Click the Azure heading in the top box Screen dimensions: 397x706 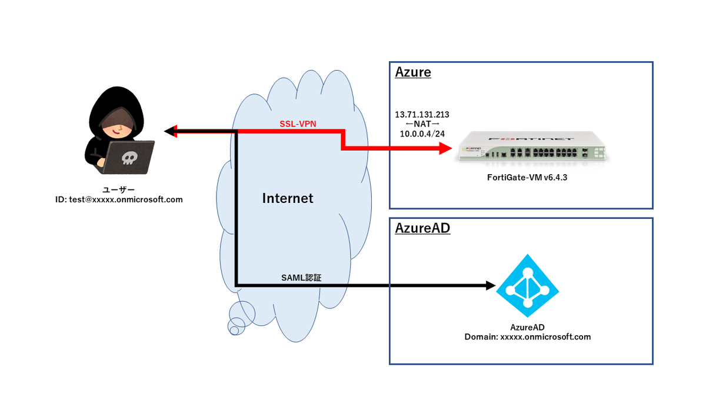click(413, 72)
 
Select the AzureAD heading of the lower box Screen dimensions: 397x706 click(422, 228)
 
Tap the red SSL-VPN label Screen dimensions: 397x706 click(298, 125)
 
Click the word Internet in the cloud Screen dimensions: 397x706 click(288, 199)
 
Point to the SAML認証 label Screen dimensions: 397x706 click(302, 278)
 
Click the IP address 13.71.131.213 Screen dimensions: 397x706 click(426, 114)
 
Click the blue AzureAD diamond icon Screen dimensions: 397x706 click(527, 286)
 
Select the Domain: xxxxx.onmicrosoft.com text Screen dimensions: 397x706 click(527, 337)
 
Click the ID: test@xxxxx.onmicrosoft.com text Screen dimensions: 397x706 click(119, 199)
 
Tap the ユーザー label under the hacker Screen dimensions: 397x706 click(119, 189)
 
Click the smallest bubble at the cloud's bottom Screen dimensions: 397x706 click(234, 331)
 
